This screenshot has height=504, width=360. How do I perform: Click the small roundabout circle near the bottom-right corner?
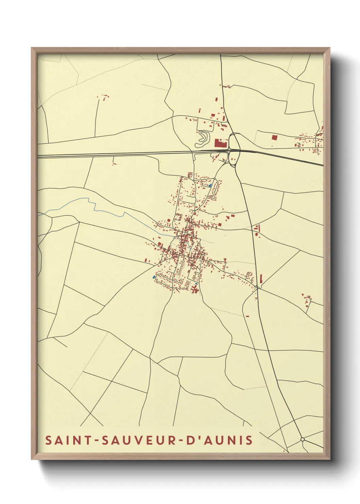point(302,440)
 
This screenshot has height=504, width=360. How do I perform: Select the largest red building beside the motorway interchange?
point(220,143)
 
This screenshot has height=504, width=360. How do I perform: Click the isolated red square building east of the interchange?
point(275,138)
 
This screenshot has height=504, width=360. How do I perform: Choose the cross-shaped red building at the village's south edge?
point(195,289)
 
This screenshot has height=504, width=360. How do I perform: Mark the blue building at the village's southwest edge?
point(154,277)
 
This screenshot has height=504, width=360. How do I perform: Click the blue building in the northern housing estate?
point(210,186)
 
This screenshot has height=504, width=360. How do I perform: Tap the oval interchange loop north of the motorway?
point(234,141)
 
